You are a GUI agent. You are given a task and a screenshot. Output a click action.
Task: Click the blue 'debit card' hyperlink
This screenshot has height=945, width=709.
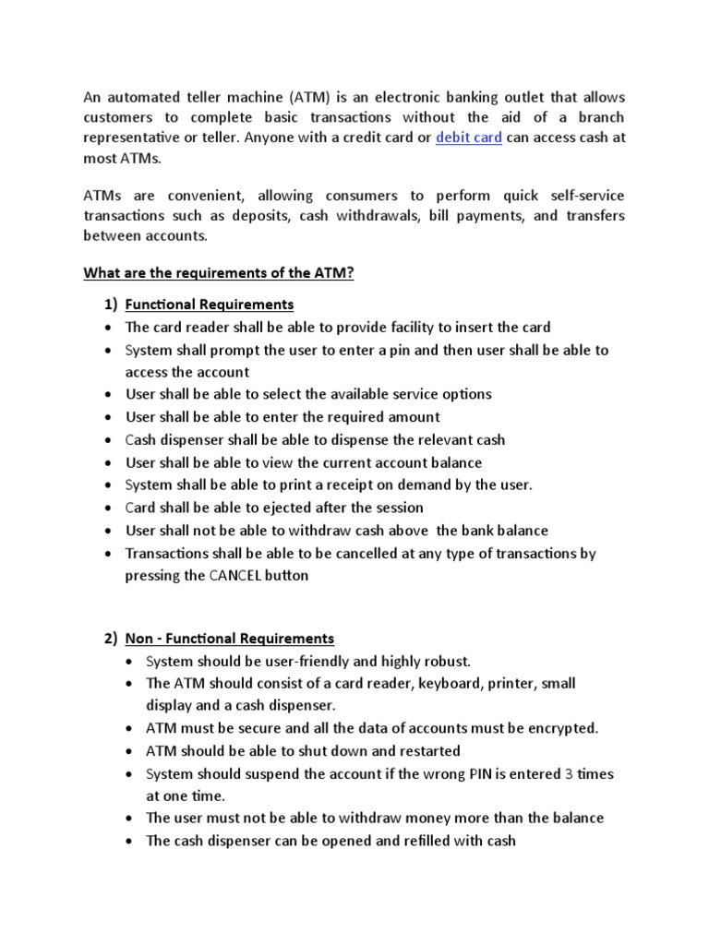[468, 138]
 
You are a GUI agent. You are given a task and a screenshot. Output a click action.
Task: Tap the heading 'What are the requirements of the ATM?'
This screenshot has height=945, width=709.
[219, 273]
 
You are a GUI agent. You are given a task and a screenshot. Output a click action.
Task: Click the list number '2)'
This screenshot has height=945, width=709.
[111, 639]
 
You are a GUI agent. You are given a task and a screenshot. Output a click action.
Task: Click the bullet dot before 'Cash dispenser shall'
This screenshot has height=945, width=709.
[110, 440]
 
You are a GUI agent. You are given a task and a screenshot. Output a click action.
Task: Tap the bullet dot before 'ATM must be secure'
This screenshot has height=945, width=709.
[131, 728]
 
